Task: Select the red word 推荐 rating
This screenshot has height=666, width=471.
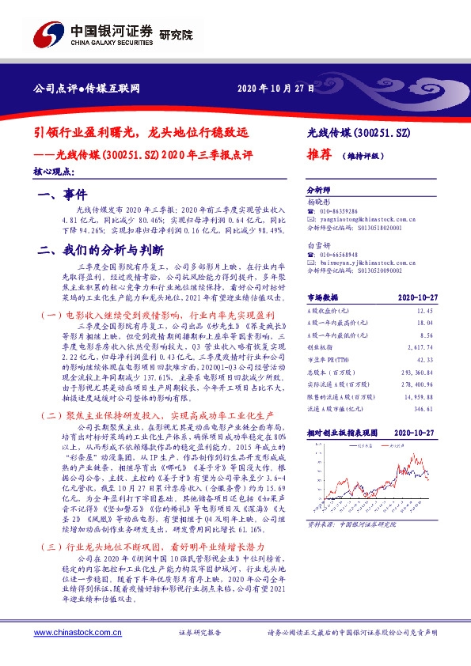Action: click(x=317, y=156)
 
